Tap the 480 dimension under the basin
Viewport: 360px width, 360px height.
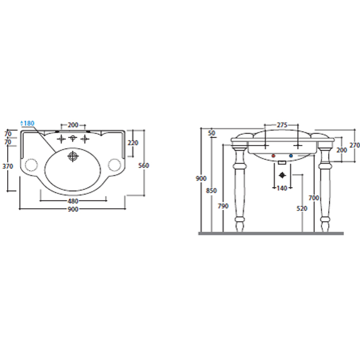[73, 201]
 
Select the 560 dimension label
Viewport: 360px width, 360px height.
[143, 165]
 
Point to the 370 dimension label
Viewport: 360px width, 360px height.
[8, 166]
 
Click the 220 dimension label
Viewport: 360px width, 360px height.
[133, 143]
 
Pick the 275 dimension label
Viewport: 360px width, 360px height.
[282, 125]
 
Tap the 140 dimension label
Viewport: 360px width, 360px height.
[282, 188]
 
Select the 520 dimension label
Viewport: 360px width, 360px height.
[302, 208]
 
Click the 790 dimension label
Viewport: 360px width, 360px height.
[223, 206]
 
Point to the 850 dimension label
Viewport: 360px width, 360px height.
[211, 191]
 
